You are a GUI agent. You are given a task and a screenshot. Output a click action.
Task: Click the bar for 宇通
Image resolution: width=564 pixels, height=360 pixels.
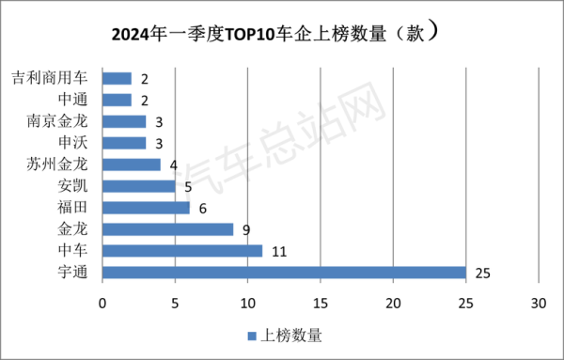284,273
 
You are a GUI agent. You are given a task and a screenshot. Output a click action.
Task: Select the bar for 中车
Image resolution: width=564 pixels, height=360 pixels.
182,251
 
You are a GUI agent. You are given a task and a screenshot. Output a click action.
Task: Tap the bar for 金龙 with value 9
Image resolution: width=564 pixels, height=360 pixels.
167,228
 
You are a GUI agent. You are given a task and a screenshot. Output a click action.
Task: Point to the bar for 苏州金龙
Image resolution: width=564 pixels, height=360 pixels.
131,164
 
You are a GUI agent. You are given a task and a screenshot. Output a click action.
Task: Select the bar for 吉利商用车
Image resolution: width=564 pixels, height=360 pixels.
117,78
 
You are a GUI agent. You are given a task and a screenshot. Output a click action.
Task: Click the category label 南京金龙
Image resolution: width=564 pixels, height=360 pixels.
62,121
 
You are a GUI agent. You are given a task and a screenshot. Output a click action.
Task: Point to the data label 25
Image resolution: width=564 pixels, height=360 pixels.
483,273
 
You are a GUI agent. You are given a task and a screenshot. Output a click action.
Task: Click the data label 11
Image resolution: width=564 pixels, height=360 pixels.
279,251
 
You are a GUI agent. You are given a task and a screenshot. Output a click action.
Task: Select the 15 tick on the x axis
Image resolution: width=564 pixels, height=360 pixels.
321,304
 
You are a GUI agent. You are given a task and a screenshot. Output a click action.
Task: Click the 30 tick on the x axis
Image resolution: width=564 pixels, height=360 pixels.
538,304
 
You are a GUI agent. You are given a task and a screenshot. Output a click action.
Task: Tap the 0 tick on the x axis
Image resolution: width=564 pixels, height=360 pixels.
102,304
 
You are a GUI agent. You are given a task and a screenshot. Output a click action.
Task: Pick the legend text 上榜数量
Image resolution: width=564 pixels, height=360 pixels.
291,335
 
